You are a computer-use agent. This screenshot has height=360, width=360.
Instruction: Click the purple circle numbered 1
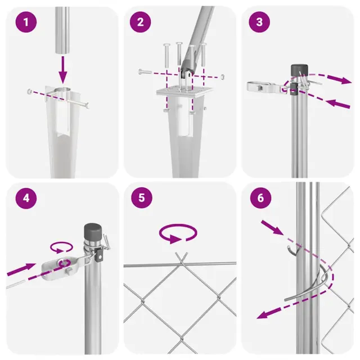(26, 22)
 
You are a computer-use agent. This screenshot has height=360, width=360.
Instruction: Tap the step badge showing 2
(140, 22)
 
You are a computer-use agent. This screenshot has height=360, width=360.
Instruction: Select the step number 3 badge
(259, 22)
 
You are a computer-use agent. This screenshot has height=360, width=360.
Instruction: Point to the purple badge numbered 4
(26, 198)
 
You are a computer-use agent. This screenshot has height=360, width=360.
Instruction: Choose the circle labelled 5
(142, 197)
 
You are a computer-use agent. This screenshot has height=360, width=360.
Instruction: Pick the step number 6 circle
(260, 197)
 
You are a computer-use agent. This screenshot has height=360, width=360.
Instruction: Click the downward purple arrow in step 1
(62, 70)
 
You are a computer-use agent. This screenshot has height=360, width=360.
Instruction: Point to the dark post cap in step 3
(299, 70)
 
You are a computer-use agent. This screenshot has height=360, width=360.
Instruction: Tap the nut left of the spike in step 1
(30, 92)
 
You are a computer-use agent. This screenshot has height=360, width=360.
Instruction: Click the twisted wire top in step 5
(182, 258)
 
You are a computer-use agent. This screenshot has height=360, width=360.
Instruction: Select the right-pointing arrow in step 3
(339, 79)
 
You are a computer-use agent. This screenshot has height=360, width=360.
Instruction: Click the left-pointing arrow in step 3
(337, 103)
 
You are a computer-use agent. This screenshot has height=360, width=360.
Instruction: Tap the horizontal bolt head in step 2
(141, 71)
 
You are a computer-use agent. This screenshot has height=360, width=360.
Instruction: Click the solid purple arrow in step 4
(21, 269)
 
